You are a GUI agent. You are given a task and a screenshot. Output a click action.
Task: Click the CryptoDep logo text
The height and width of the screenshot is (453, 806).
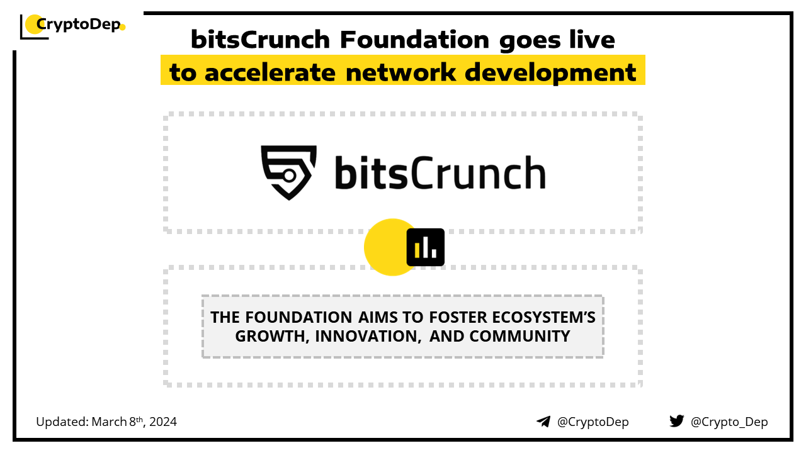[x=79, y=25]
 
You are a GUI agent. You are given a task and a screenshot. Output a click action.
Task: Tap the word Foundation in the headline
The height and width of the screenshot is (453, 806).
[x=414, y=40]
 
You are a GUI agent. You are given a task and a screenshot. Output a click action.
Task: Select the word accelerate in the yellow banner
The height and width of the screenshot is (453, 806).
[x=270, y=72]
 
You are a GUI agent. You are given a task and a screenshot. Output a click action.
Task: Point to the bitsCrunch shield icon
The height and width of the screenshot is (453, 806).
[x=288, y=172]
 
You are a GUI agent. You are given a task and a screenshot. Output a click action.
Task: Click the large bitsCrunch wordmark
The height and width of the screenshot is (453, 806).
[x=440, y=172]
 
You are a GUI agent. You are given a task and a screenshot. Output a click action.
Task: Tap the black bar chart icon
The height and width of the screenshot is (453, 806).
[x=425, y=247]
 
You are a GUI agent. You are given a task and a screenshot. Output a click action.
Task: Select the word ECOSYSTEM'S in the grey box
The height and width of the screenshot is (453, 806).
[x=543, y=318]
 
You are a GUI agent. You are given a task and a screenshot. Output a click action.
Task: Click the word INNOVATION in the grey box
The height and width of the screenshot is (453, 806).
[x=368, y=337]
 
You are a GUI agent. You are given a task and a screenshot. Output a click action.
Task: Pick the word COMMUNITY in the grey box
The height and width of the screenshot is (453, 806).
[x=520, y=337]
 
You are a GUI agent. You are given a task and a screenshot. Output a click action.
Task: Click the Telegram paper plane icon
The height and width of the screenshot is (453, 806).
[x=543, y=422]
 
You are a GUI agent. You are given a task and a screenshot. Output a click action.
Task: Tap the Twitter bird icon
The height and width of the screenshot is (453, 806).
[x=677, y=421]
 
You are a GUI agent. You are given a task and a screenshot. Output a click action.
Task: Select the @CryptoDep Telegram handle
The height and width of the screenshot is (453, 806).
[x=593, y=422]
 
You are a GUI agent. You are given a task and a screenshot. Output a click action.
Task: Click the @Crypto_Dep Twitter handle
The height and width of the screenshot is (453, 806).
[x=729, y=422]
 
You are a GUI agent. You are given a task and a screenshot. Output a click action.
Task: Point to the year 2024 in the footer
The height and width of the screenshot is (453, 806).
[x=163, y=422]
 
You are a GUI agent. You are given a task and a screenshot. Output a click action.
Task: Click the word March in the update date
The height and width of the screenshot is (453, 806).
[x=109, y=422]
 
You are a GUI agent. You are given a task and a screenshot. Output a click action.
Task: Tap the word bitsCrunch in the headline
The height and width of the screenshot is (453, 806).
[x=261, y=40]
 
